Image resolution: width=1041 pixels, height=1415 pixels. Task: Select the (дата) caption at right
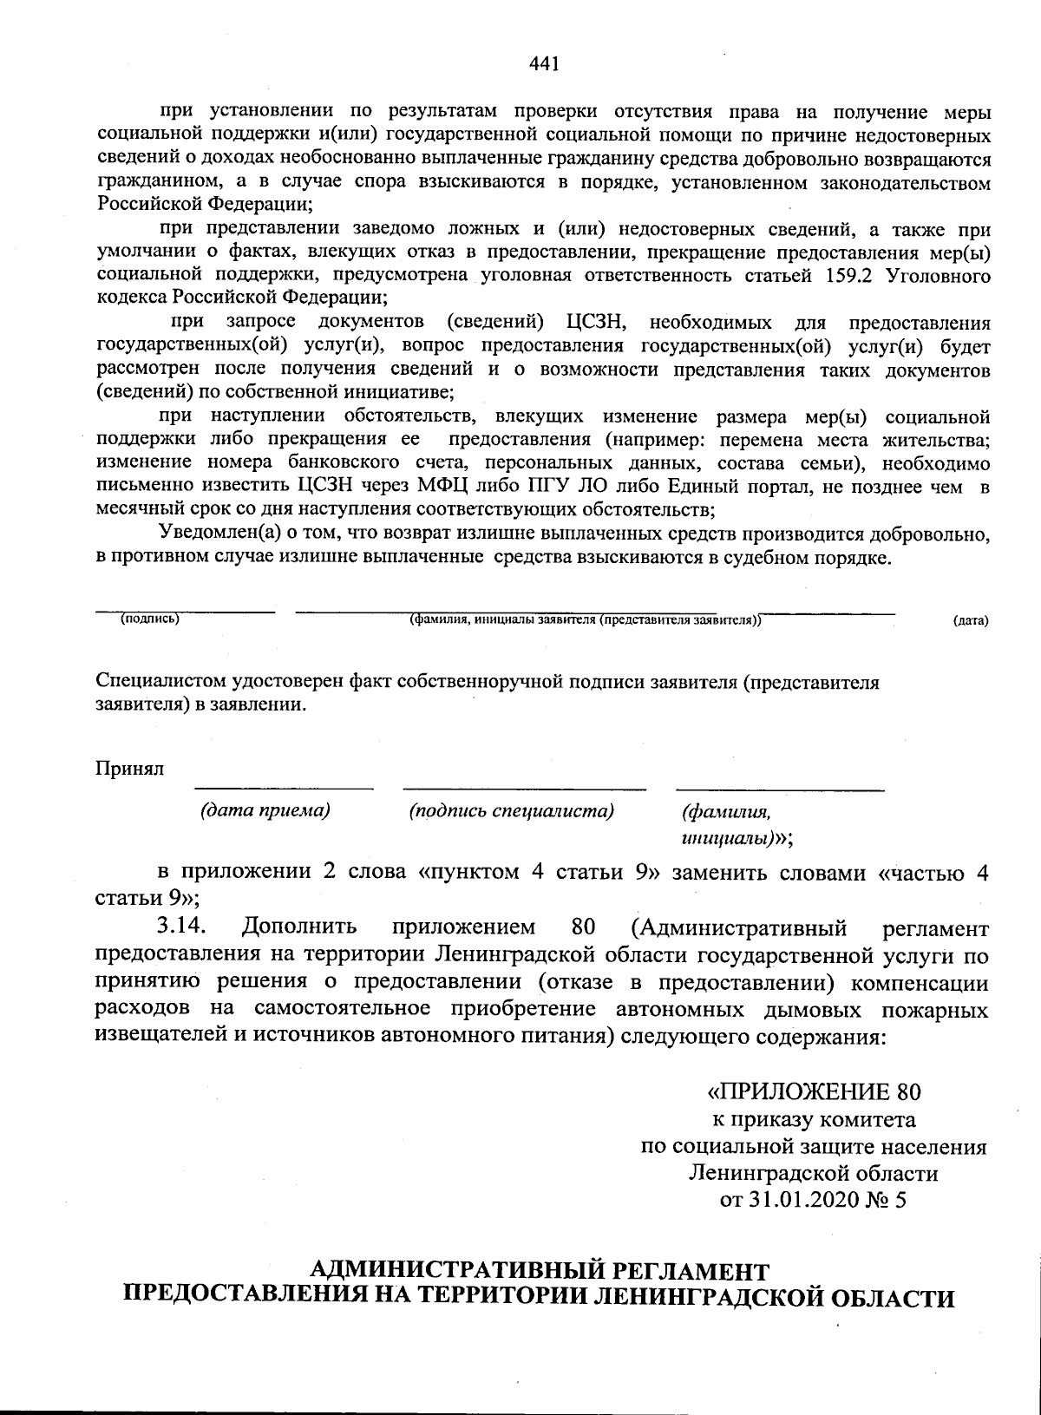coord(970,621)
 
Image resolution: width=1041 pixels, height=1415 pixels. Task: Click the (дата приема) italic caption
coord(265,811)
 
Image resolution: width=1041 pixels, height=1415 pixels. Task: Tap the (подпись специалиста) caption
coord(511,811)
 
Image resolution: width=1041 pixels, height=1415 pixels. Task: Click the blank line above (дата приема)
coord(284,788)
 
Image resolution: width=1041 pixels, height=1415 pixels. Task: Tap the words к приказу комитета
coord(813,1119)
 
